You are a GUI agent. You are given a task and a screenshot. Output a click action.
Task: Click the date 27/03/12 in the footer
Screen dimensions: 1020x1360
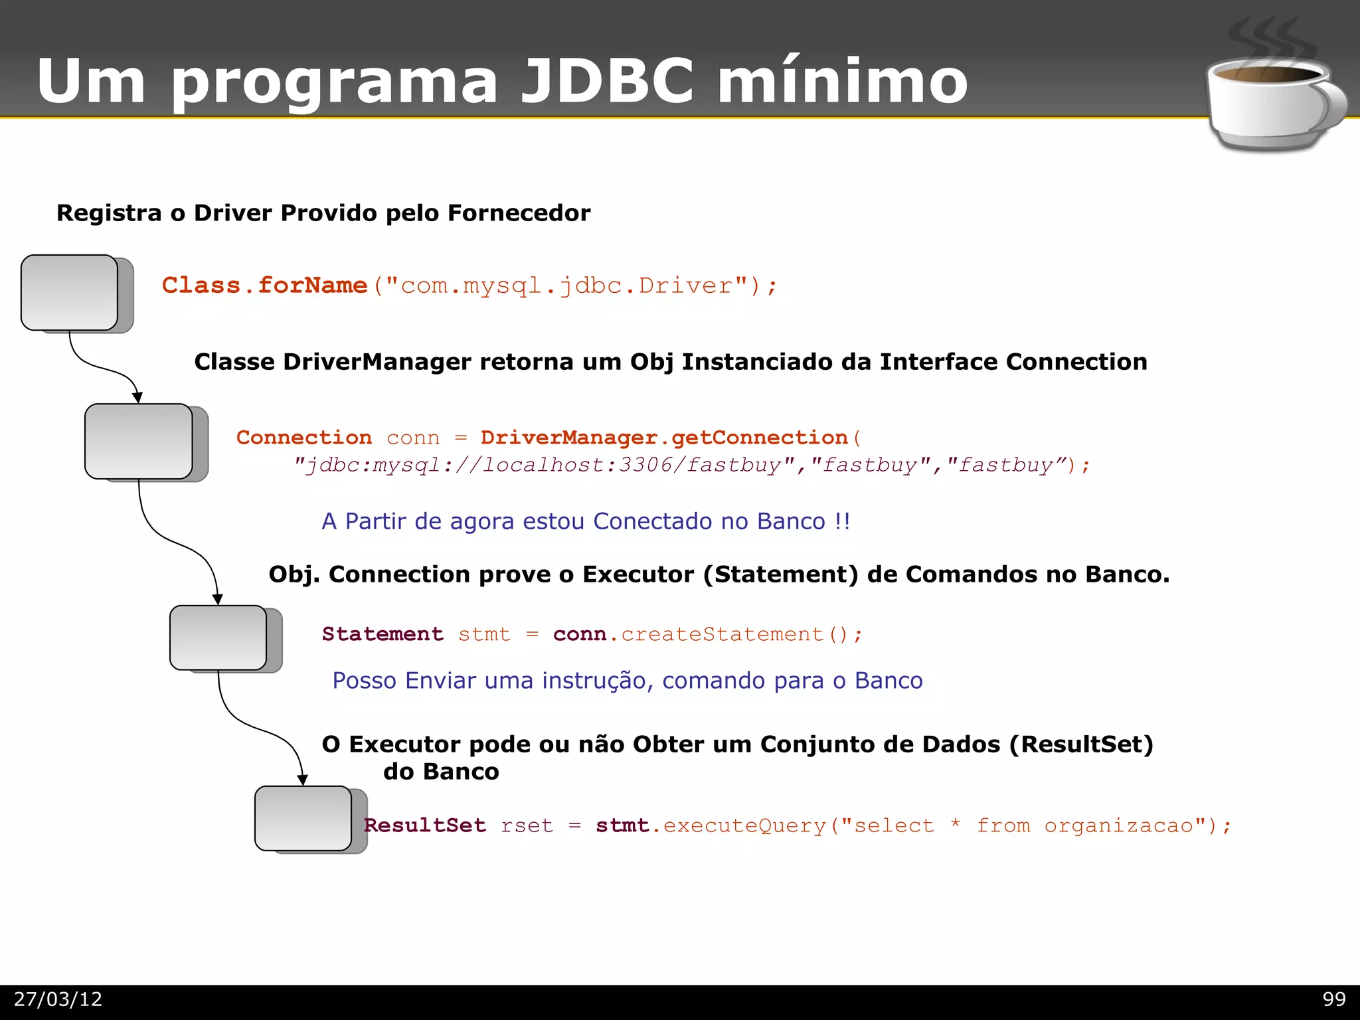[x=58, y=999]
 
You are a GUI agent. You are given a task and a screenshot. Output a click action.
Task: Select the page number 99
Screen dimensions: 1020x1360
[x=1333, y=999]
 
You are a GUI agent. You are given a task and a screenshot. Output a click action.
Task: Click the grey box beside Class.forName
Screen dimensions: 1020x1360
[x=70, y=292]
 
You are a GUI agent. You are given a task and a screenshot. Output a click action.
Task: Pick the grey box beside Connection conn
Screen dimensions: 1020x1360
[x=139, y=441]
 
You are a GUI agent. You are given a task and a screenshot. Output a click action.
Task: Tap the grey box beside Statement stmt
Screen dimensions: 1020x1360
[x=218, y=637]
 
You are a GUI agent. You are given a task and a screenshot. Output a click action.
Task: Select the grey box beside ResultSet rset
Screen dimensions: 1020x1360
[x=303, y=818]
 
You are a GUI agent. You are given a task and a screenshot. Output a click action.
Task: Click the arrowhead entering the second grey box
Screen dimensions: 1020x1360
[x=137, y=397]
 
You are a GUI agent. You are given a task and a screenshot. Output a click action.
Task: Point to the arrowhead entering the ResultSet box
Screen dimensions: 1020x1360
[x=302, y=780]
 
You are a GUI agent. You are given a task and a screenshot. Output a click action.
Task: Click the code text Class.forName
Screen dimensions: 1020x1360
[x=264, y=286]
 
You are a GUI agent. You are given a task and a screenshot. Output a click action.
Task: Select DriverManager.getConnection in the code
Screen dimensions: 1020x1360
[x=664, y=438]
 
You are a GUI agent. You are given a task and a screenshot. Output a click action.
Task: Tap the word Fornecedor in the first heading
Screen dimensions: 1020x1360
[x=519, y=213]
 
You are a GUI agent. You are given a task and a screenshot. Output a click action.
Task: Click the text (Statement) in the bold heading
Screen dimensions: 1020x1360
[x=781, y=574]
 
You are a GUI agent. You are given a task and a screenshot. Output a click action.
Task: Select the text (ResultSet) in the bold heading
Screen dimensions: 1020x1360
[x=1080, y=744]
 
